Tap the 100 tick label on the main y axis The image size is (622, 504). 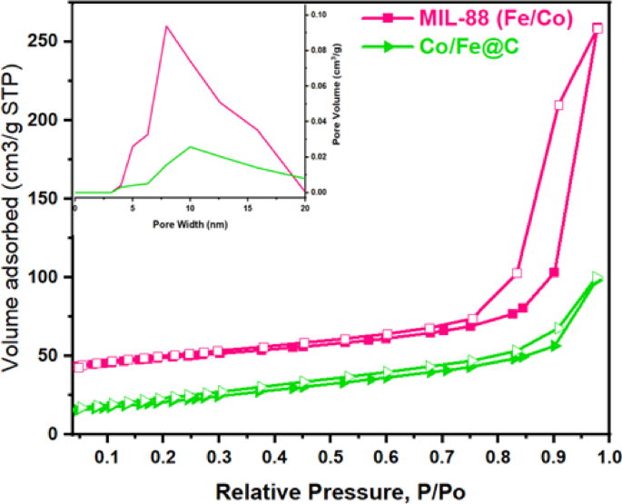(44, 277)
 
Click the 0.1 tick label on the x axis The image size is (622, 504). (107, 451)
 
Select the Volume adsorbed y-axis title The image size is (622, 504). (15, 236)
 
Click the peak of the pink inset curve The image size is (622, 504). (166, 26)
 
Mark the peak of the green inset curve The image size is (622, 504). (190, 146)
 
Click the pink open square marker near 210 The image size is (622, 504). (559, 105)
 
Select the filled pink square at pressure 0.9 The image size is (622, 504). (554, 272)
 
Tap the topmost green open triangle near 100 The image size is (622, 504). (597, 277)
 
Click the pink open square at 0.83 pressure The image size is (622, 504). (517, 273)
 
